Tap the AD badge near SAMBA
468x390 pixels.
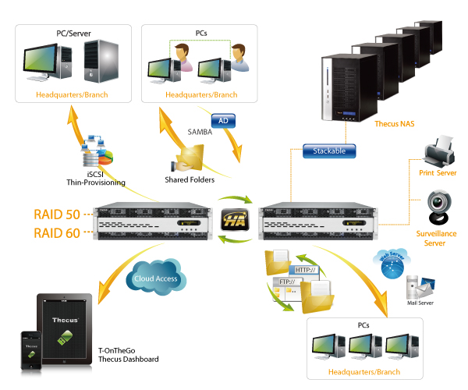223,121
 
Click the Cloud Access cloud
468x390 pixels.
156,278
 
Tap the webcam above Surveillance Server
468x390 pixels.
434,205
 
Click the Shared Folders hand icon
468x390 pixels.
186,161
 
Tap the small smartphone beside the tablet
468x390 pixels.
31,350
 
